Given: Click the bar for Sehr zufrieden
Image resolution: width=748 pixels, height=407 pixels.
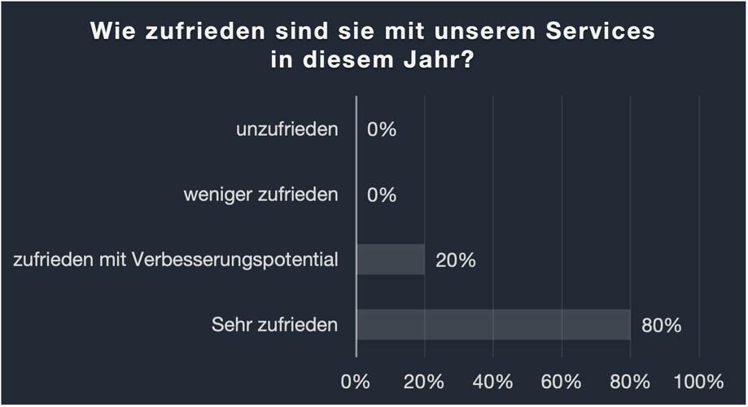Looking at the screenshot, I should coord(493,325).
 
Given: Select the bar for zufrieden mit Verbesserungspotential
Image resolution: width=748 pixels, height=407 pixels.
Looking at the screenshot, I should coord(391,260).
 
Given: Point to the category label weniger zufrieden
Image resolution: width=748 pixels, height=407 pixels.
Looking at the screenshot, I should coord(260,195).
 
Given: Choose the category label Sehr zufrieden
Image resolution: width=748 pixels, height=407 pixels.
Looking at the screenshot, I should coord(274,326).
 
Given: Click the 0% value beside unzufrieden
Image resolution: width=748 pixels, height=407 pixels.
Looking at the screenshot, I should coord(381,129).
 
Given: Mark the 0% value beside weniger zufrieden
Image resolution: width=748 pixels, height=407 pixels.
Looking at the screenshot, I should coord(381,195).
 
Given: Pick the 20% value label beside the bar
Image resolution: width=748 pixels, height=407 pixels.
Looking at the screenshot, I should coord(456,260).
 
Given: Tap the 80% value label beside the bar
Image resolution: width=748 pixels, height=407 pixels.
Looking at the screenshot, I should coord(661,326).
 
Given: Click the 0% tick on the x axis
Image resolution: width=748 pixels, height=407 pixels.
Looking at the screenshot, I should coord(356,381).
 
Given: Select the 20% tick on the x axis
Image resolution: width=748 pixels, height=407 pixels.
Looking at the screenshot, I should coord(424,381).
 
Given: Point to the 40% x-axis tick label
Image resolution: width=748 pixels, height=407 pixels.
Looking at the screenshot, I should coord(492,381).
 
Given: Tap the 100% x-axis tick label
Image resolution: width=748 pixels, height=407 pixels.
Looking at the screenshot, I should coord(698,381).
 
